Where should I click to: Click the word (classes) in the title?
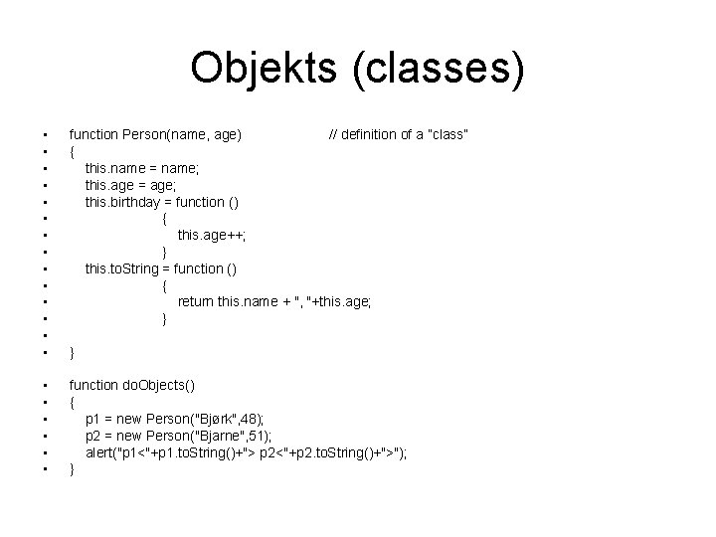coord(439,69)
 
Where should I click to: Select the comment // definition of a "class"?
coord(399,133)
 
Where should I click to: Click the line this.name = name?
coord(142,168)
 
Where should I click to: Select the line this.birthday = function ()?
coord(161,202)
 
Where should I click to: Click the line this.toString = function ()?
coord(161,268)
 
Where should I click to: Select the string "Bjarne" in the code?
coord(229,437)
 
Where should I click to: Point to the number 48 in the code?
coord(258,420)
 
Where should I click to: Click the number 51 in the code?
coord(264,437)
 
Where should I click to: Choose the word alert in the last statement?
coord(99,453)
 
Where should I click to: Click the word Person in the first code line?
coord(144,133)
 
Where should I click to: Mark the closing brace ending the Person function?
coord(72,352)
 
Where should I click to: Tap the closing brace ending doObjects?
coord(72,470)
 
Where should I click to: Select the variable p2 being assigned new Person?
coord(92,437)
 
